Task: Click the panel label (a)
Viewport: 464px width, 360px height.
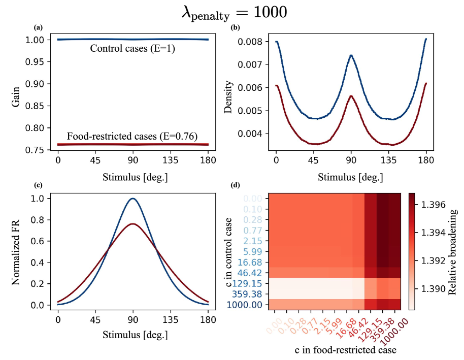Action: (38, 27)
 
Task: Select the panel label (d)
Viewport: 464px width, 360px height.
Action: (235, 185)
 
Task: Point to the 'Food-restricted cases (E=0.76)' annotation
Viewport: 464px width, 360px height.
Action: (132, 136)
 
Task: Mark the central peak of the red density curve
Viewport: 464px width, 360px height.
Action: (351, 95)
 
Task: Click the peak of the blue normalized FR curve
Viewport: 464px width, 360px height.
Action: (132, 199)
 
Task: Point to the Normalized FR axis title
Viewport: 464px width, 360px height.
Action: (17, 252)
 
